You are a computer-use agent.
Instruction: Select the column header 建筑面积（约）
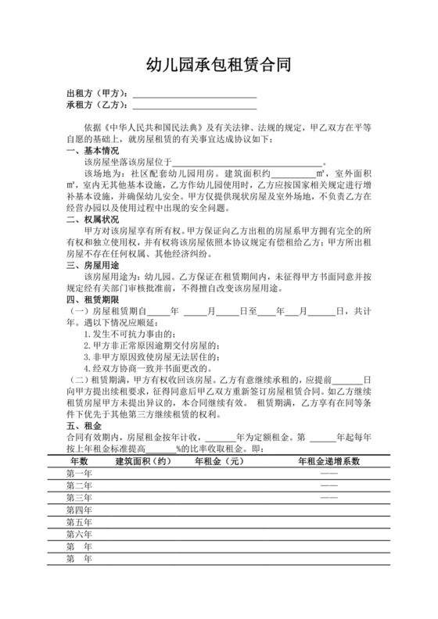(x=142, y=462)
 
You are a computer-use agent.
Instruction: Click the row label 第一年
(x=80, y=474)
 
